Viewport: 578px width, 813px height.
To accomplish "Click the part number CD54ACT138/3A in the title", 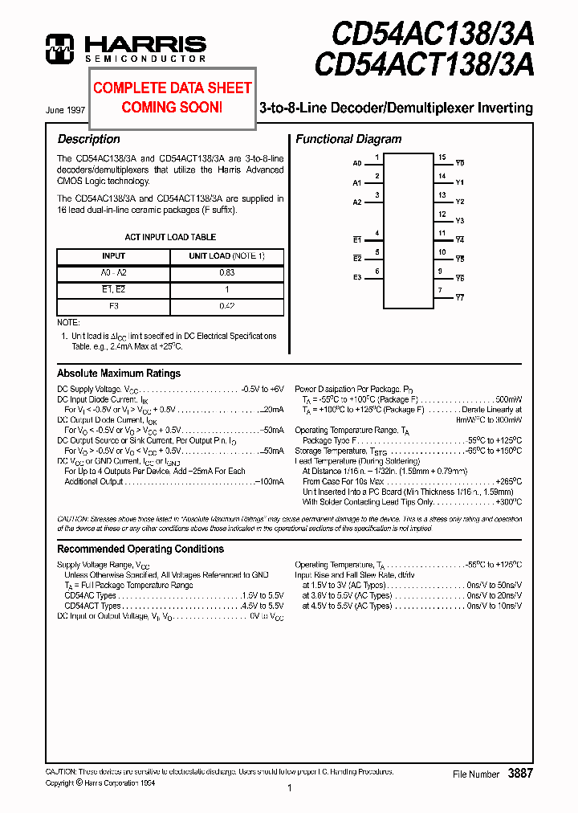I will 424,64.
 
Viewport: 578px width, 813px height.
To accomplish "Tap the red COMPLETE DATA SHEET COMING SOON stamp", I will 172,96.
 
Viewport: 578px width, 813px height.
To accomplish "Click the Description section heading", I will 88,139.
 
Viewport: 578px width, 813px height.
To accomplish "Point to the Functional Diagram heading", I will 348,139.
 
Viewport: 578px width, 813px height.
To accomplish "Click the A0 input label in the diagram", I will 357,163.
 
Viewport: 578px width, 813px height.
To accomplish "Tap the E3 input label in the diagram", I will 357,278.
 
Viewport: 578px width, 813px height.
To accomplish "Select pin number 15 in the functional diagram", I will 442,157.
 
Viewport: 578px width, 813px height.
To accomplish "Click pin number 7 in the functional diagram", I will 440,290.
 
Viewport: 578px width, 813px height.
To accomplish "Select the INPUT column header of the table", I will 113,255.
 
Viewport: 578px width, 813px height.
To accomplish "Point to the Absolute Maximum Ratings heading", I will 119,373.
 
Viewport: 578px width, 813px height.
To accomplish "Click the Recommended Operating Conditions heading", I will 140,549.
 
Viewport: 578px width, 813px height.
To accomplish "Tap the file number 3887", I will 520,773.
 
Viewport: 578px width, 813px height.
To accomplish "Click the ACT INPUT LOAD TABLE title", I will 170,237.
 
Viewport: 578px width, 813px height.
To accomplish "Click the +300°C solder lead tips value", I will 507,502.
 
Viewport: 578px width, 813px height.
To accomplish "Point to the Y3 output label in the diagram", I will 460,221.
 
